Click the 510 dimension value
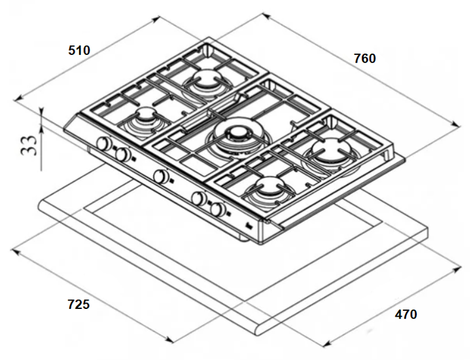tap(79, 50)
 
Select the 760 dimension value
tap(364, 58)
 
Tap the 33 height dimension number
tap(29, 145)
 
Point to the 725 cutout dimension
tap(78, 304)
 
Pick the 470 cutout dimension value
tap(406, 314)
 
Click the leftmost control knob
tap(103, 143)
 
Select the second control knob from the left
tap(122, 154)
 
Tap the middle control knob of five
tap(161, 176)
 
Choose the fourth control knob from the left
tap(199, 198)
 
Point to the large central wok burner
tap(239, 137)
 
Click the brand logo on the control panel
tap(250, 226)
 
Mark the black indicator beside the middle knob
tap(171, 181)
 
